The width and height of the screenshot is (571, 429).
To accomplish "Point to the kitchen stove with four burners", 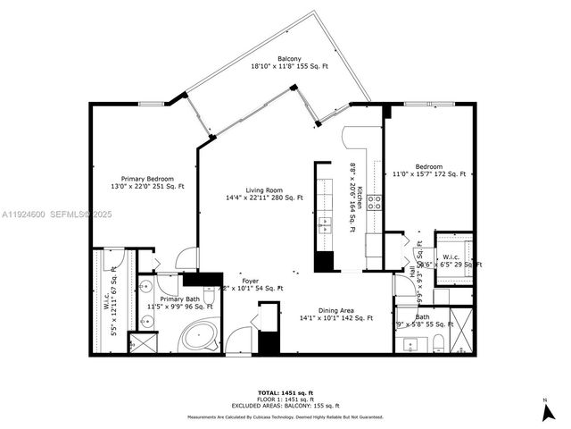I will pos(376,201).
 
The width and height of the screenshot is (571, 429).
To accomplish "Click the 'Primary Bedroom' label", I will pos(147,179).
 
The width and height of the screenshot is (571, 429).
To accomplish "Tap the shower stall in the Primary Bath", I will pos(141,342).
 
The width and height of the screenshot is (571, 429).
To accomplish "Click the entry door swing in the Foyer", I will pos(238,341).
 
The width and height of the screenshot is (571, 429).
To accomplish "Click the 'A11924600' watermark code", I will pos(24,214).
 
